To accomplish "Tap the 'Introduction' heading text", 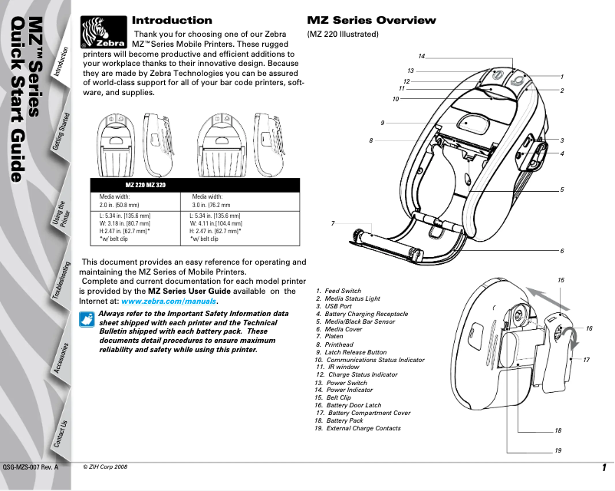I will (172, 20).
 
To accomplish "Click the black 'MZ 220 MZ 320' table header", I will (146, 186).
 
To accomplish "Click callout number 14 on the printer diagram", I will (422, 57).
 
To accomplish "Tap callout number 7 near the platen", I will (334, 222).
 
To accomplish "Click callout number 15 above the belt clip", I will (561, 282).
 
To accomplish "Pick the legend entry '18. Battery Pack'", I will (339, 420).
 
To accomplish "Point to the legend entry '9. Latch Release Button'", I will (350, 352).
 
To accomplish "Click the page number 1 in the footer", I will (604, 469).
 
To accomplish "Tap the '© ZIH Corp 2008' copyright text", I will (106, 466).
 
